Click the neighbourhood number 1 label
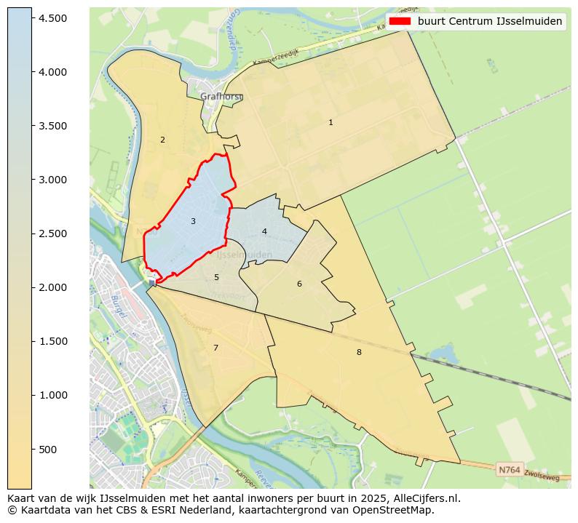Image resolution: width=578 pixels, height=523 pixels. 330,123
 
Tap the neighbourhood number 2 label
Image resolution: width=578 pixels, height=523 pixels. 162,140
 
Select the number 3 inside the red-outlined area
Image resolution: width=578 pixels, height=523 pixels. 193,221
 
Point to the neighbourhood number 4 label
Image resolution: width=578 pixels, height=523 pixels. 264,231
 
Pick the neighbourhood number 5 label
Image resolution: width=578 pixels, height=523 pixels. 216,278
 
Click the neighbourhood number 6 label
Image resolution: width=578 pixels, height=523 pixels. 299,284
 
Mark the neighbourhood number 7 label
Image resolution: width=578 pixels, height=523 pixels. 215,348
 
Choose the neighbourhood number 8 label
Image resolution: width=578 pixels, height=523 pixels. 359,352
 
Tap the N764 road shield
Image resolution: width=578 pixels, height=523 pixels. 509,470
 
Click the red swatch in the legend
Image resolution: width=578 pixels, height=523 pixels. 400,21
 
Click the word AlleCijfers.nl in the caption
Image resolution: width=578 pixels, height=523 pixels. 426,498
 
